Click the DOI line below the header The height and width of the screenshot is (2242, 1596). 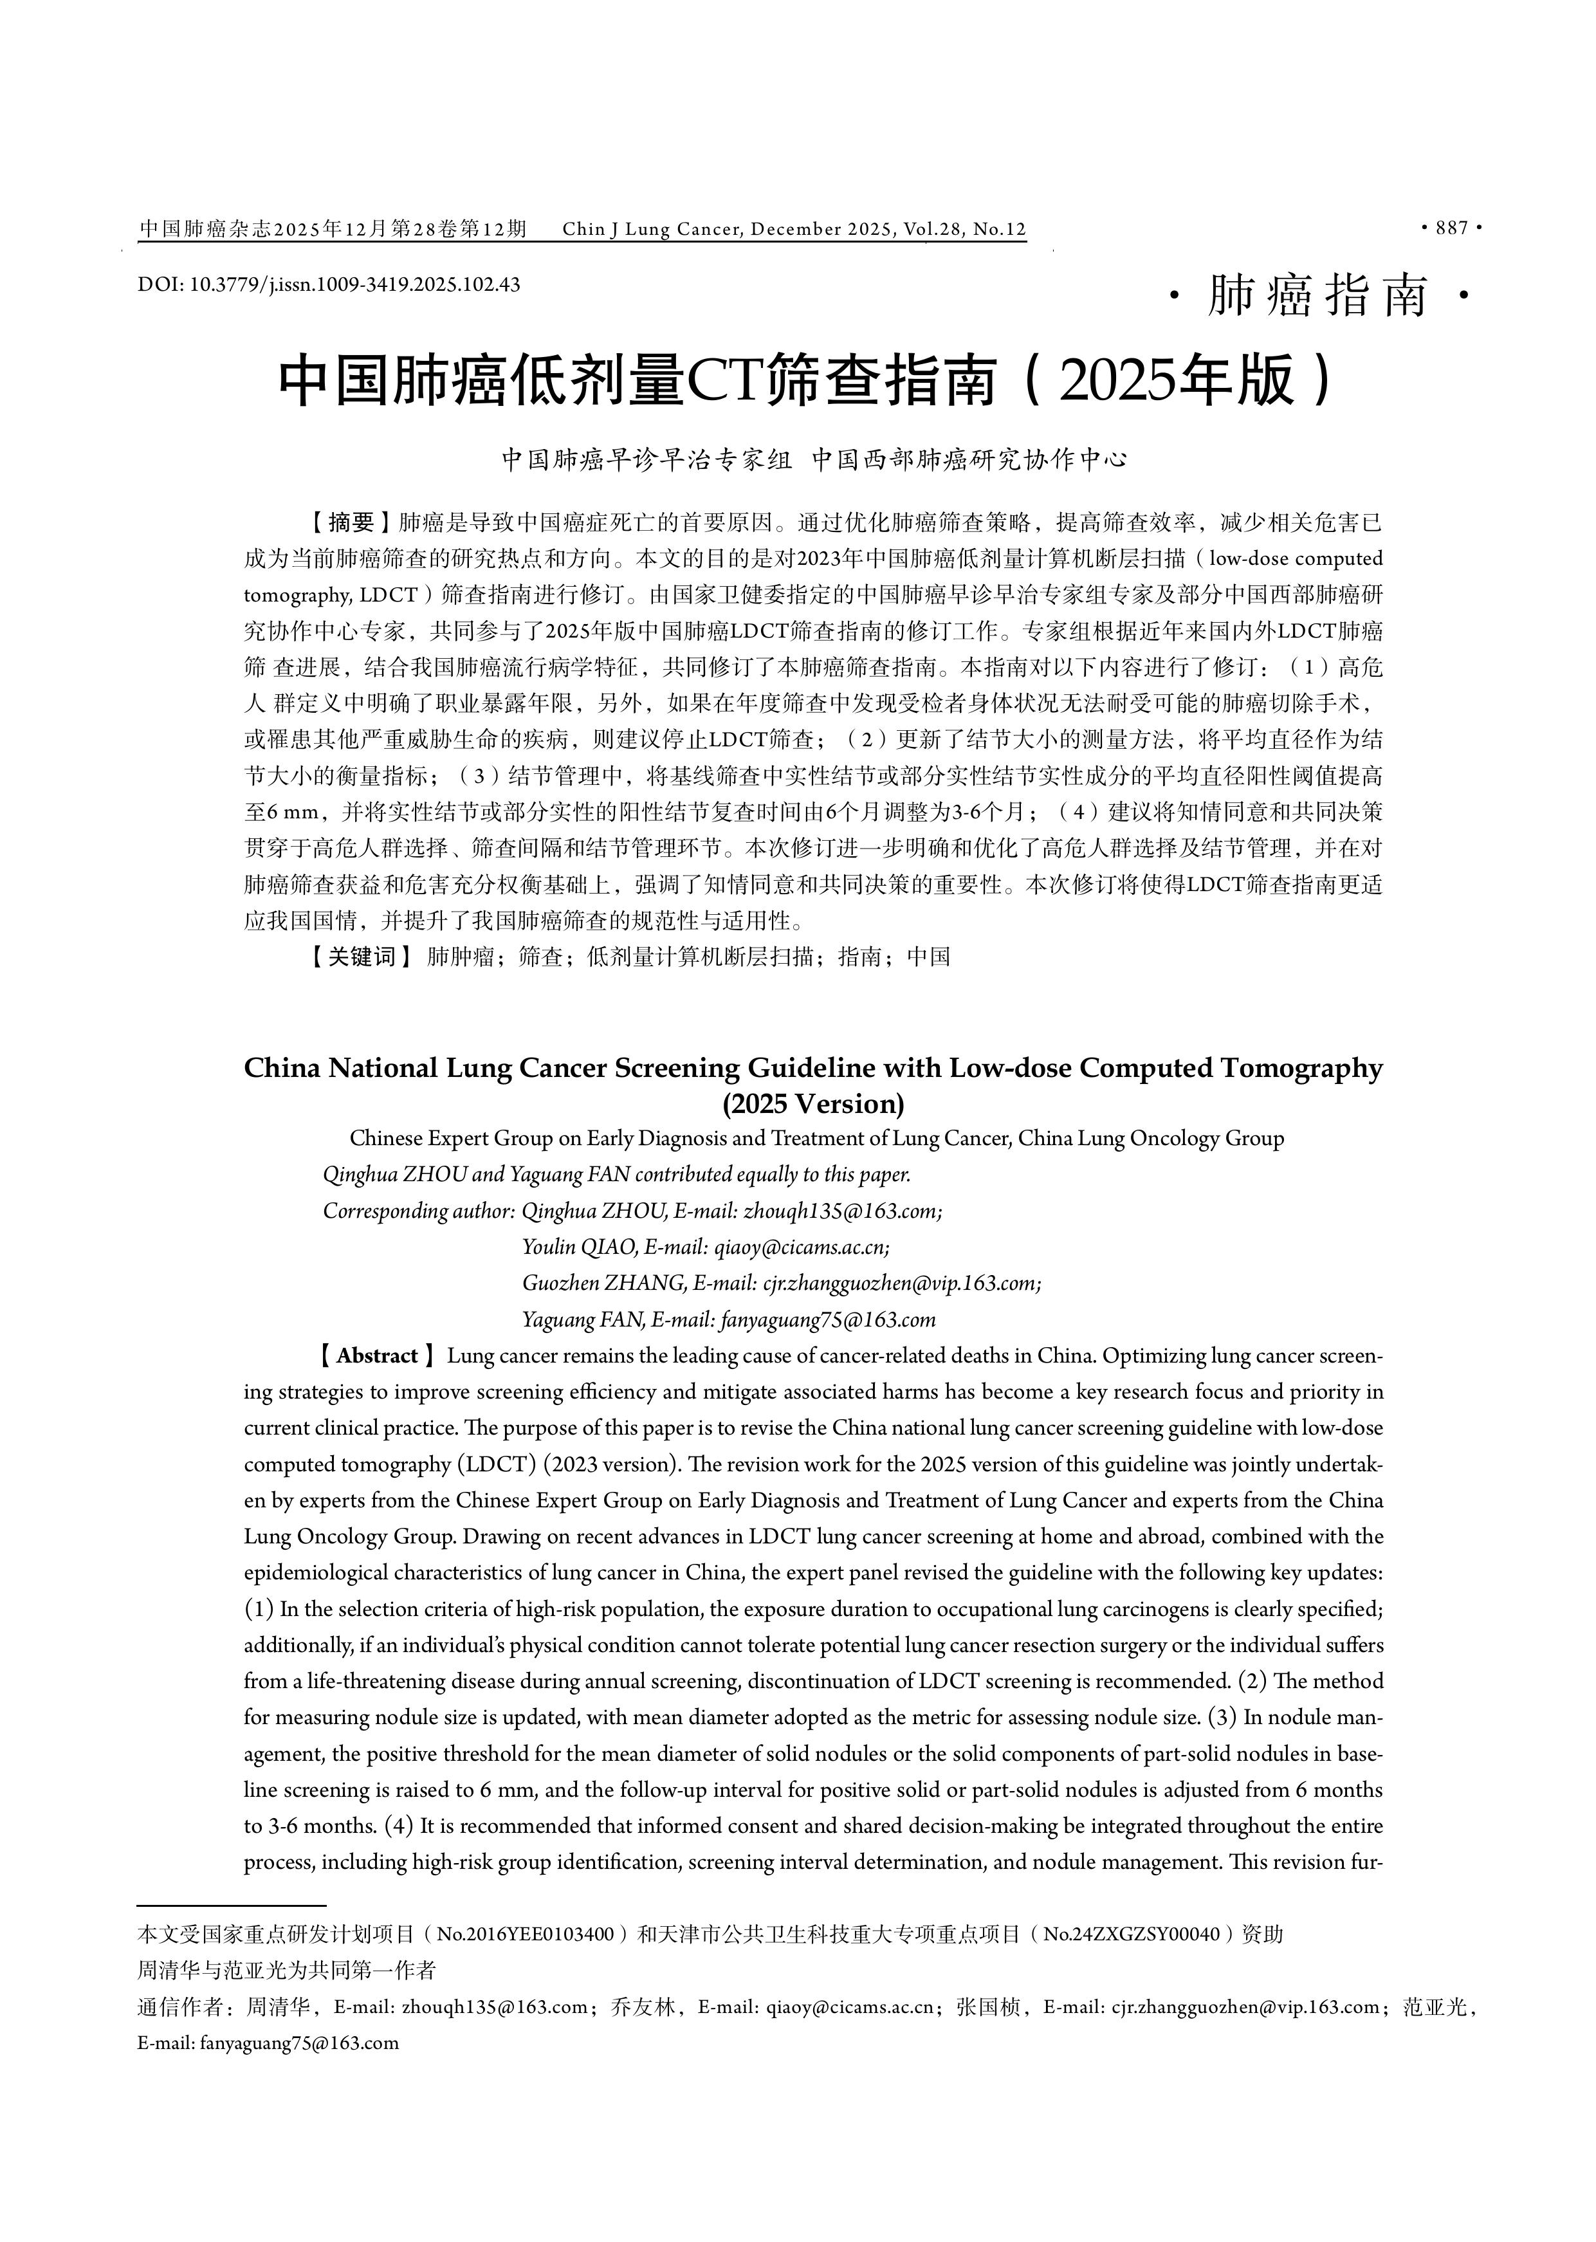[x=329, y=285]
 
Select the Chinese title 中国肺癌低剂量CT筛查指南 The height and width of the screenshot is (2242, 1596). [x=629, y=381]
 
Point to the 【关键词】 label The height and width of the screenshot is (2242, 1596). [x=359, y=957]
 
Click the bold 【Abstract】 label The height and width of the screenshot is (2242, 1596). [x=376, y=1356]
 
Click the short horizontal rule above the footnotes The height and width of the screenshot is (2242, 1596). [x=231, y=1933]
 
